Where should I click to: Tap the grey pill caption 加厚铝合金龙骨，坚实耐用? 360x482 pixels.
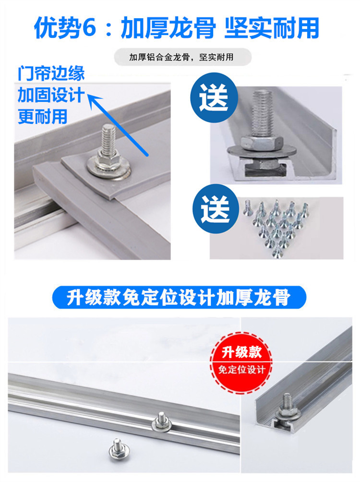tap(182, 57)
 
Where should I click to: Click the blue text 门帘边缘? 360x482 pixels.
tap(51, 73)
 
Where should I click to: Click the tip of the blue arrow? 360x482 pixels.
tap(89, 95)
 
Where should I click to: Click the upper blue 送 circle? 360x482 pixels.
tap(214, 97)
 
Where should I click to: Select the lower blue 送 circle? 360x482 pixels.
tap(216, 209)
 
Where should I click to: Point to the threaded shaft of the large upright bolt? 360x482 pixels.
tap(262, 113)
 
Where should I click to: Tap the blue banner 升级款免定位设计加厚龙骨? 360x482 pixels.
tap(179, 297)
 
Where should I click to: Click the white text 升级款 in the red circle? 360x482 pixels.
tap(241, 352)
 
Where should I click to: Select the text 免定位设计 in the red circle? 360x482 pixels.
tap(241, 370)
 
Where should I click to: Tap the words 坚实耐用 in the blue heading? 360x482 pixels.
tap(272, 29)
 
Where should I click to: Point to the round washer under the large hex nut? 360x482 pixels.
tap(262, 151)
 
